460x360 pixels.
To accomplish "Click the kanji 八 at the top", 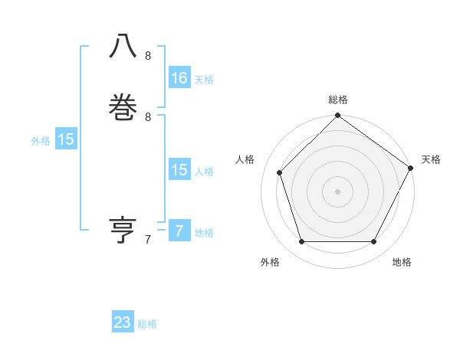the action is pyautogui.click(x=123, y=47).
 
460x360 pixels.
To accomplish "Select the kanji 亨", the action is pyautogui.click(x=123, y=231).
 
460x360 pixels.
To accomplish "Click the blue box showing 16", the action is pyautogui.click(x=179, y=78).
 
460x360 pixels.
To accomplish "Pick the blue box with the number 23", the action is pyautogui.click(x=123, y=322).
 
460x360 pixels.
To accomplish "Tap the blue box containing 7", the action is pyautogui.click(x=179, y=231).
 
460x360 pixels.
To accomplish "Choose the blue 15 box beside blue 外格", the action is pyautogui.click(x=66, y=139).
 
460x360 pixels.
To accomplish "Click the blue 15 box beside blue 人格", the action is pyautogui.click(x=179, y=170).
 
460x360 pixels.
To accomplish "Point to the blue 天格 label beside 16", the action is pyautogui.click(x=204, y=80).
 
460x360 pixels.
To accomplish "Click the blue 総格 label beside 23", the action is pyautogui.click(x=147, y=324).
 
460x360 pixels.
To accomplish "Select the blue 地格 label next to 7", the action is pyautogui.click(x=204, y=233).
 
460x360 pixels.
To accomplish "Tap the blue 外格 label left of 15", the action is pyautogui.click(x=41, y=141).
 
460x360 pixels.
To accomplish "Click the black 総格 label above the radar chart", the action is pyautogui.click(x=338, y=100).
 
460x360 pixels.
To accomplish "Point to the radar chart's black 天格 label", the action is pyautogui.click(x=431, y=159).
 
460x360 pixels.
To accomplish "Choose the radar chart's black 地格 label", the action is pyautogui.click(x=402, y=262).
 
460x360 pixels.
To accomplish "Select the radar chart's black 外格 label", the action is pyautogui.click(x=270, y=262).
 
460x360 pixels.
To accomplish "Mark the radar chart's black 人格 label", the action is pyautogui.click(x=245, y=159).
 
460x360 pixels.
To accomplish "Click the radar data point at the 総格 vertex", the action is pyautogui.click(x=337, y=116).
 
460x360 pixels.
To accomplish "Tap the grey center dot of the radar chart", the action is pyautogui.click(x=337, y=191).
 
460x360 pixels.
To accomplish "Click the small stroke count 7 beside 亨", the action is pyautogui.click(x=148, y=240).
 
